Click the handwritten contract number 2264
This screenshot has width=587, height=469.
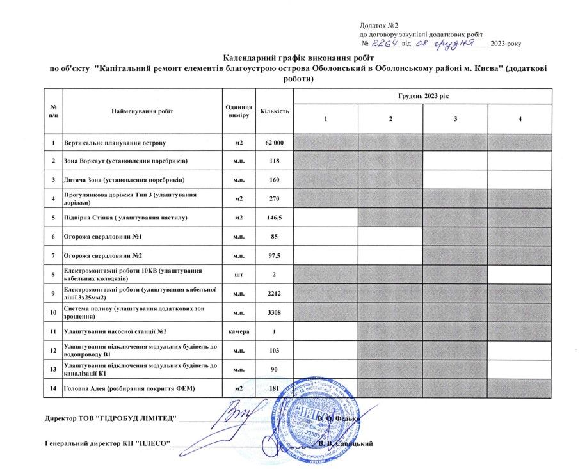[385, 43]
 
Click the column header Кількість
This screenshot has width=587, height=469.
[275, 111]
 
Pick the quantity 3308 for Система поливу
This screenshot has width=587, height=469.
[275, 312]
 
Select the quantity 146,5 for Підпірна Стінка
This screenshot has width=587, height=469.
[275, 218]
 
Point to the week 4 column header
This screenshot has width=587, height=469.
[519, 120]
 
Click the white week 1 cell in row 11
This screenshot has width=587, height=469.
[325, 331]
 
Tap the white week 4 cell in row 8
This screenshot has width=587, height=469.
[519, 274]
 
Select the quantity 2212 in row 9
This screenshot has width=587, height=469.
[275, 294]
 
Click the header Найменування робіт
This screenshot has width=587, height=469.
[142, 111]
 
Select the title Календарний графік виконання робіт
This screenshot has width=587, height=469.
[293, 57]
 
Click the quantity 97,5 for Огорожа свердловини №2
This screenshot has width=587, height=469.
[275, 256]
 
